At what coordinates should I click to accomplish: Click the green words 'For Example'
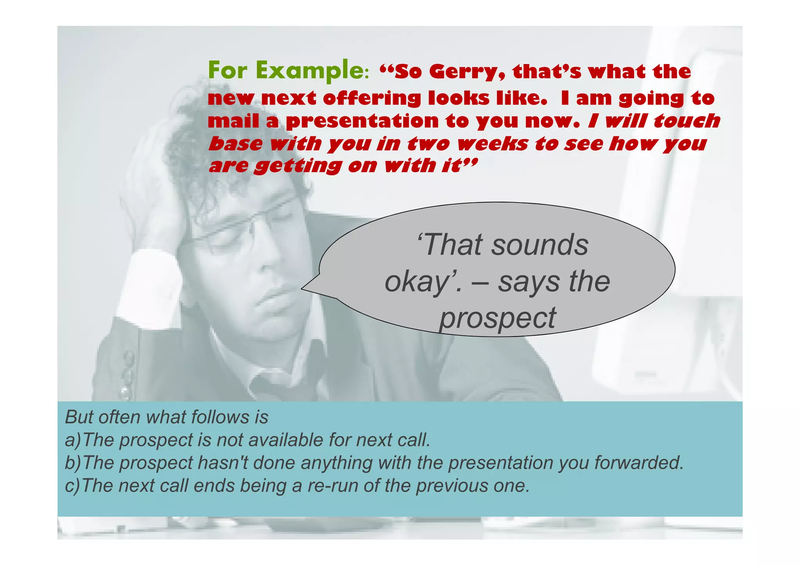point(287,71)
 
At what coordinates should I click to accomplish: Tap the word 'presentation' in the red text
point(362,121)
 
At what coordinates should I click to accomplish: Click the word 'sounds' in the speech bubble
point(540,245)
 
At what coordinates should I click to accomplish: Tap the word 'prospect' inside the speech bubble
point(497,318)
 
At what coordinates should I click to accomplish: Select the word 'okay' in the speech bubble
point(417,282)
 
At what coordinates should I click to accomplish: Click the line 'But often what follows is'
point(167,417)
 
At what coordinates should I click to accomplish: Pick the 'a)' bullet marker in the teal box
point(73,440)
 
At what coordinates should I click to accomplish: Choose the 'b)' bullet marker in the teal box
point(73,463)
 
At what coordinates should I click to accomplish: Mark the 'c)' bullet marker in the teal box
point(72,486)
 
